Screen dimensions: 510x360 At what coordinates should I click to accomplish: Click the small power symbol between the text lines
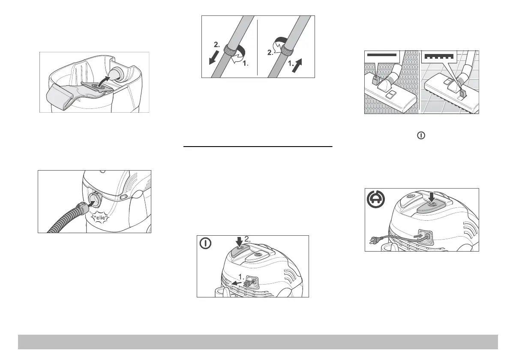point(422,135)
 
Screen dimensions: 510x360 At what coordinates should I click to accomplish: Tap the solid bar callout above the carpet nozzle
point(382,55)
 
